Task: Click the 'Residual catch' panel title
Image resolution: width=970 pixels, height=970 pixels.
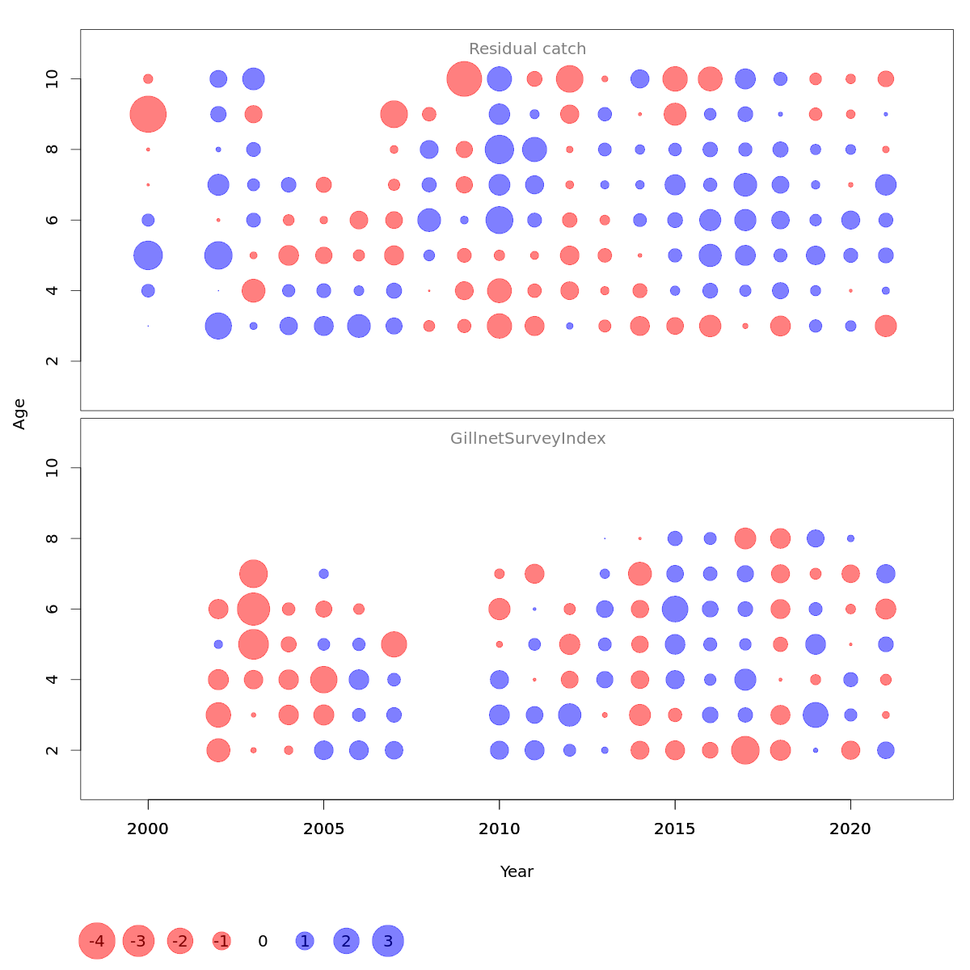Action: tap(527, 49)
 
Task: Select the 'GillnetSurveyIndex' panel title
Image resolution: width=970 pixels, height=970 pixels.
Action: tap(528, 439)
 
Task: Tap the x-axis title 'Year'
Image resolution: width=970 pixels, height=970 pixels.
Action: tap(517, 871)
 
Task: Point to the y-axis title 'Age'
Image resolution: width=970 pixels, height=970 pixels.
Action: tap(19, 414)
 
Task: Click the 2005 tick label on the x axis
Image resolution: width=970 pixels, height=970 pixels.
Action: tap(323, 829)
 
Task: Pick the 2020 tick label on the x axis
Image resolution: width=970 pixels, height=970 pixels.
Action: tap(850, 829)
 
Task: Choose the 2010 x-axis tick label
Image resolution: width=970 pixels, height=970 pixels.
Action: tap(500, 829)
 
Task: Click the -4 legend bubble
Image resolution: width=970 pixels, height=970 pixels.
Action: tap(97, 941)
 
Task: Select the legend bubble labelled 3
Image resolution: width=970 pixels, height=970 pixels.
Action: tap(388, 941)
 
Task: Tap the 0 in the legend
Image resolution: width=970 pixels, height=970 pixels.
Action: tap(263, 941)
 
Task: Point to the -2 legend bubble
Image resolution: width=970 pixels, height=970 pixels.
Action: tap(180, 941)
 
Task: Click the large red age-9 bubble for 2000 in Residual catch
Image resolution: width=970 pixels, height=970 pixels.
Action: tap(148, 114)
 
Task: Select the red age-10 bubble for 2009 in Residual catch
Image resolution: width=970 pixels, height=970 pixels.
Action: tap(464, 79)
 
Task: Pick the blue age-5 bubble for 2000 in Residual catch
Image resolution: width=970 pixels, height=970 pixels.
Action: tap(148, 255)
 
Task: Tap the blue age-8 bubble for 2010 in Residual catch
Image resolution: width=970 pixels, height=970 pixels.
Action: tap(500, 150)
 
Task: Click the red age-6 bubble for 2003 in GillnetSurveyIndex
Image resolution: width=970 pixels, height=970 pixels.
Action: tap(253, 609)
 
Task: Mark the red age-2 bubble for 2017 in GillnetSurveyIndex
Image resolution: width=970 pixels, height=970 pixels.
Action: tap(745, 750)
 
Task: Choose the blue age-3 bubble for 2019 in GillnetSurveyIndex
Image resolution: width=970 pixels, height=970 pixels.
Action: tap(816, 715)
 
